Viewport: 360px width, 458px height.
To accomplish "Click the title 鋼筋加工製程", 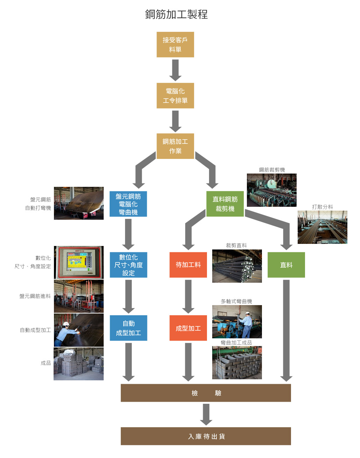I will [x=176, y=14].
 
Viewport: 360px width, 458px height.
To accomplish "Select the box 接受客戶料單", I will [x=175, y=45].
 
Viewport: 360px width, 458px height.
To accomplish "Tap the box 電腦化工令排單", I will [x=175, y=96].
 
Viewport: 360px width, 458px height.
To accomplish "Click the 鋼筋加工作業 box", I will [x=175, y=146].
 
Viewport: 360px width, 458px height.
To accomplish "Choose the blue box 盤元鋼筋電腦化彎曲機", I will [x=128, y=204].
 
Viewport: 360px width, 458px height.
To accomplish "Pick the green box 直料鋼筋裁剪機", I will [x=225, y=204].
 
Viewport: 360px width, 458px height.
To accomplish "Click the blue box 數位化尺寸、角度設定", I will [x=129, y=265].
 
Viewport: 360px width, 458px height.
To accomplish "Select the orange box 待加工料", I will [x=188, y=265].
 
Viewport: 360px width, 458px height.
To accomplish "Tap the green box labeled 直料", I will [x=286, y=265].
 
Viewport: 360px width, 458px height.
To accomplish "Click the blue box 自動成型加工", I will [x=129, y=328].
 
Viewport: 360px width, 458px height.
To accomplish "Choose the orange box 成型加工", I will [x=188, y=328].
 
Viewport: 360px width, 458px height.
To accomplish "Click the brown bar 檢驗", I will [x=206, y=393].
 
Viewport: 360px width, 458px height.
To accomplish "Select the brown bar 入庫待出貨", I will [x=206, y=436].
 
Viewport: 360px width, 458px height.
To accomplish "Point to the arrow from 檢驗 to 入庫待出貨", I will [x=206, y=414].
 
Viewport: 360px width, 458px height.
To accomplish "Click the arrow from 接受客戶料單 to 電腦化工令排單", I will [x=175, y=70].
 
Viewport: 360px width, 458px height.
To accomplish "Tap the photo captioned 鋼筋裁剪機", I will [x=271, y=190].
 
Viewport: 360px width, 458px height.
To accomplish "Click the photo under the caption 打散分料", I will [x=322, y=227].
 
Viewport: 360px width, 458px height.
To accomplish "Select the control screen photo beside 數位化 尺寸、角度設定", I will [x=79, y=262].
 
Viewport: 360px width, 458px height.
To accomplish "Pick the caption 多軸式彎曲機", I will [x=236, y=301].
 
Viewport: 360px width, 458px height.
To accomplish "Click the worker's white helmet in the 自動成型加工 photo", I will [x=66, y=324].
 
